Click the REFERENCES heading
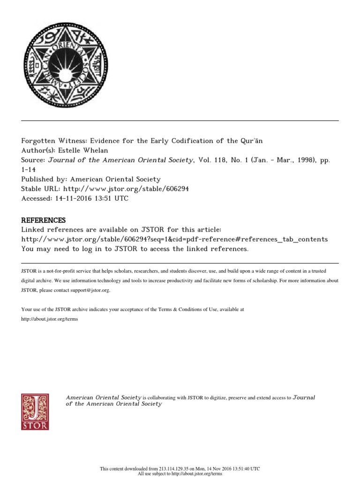point(44,220)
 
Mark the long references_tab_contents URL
point(174,239)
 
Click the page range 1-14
point(29,169)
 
